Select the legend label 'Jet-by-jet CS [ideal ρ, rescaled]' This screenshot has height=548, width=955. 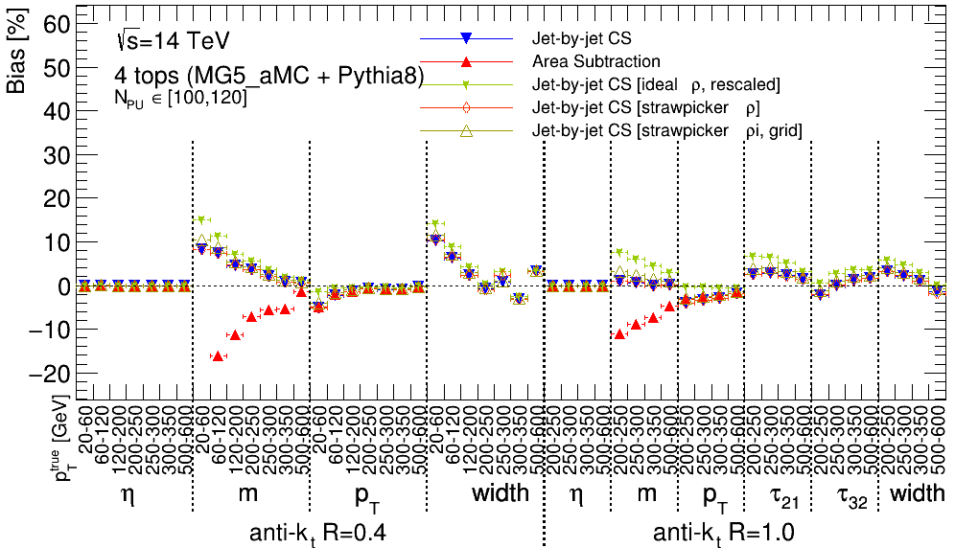coord(656,84)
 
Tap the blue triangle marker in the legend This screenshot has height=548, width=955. coord(465,39)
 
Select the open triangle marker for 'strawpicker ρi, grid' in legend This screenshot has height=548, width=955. coord(465,129)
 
